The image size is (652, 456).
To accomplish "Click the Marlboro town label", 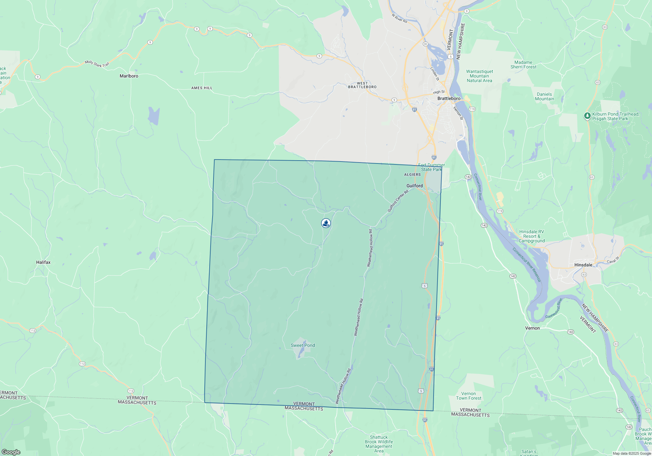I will click(129, 76).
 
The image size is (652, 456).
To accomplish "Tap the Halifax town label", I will click(43, 262).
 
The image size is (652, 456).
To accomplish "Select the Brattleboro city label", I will click(449, 98).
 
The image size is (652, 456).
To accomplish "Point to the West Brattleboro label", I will click(362, 85).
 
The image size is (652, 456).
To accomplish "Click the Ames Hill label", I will click(202, 88).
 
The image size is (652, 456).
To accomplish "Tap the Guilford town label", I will click(414, 186).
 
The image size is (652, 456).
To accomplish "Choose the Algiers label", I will click(412, 175).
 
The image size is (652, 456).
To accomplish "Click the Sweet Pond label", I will click(303, 345).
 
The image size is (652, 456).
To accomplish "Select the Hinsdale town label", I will click(583, 265).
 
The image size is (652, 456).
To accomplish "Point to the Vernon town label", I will click(532, 328).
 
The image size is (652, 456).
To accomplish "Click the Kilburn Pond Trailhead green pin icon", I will click(587, 116).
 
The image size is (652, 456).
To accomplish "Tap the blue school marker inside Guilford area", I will click(326, 223).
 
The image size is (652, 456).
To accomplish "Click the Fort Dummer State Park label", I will click(431, 167).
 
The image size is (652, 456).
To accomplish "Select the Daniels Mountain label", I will click(544, 96).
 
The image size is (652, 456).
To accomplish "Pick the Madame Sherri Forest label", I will click(523, 64).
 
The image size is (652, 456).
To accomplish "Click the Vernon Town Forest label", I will click(468, 396).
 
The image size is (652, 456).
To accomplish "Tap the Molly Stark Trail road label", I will click(97, 64).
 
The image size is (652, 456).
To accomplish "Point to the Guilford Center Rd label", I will click(398, 201).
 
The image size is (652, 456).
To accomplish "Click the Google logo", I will click(11, 452).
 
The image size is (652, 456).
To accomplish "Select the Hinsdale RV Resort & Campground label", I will click(531, 236).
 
